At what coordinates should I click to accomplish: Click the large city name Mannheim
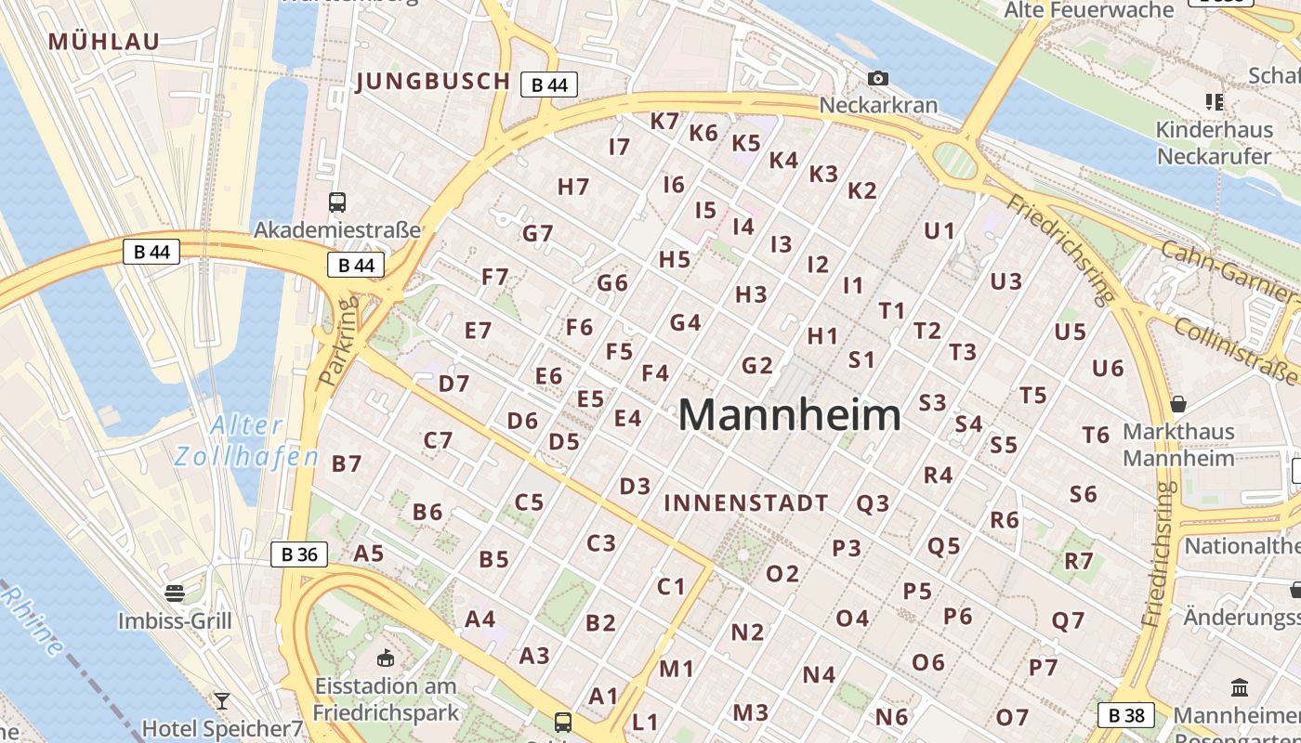[x=790, y=415]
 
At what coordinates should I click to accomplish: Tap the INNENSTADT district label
[x=746, y=503]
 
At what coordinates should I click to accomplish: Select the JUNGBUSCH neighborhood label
[x=433, y=82]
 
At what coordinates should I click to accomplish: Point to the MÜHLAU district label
[x=104, y=41]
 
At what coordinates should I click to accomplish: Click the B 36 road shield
[x=299, y=555]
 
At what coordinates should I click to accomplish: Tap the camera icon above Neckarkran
[x=877, y=79]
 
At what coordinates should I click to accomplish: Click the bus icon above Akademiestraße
[x=337, y=202]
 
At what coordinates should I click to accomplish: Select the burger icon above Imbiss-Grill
[x=175, y=592]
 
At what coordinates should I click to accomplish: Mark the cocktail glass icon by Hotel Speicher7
[x=221, y=700]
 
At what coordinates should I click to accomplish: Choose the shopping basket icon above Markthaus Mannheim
[x=1178, y=404]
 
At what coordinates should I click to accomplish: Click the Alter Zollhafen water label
[x=246, y=441]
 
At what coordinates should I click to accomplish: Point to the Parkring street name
[x=337, y=342]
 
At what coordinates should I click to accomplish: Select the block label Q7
[x=1068, y=621]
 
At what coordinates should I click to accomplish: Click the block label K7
[x=664, y=122]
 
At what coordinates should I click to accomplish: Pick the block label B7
[x=347, y=463]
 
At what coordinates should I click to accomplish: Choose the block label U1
[x=940, y=230]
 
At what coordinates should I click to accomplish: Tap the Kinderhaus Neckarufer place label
[x=1214, y=143]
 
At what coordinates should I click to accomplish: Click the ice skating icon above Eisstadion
[x=385, y=658]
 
